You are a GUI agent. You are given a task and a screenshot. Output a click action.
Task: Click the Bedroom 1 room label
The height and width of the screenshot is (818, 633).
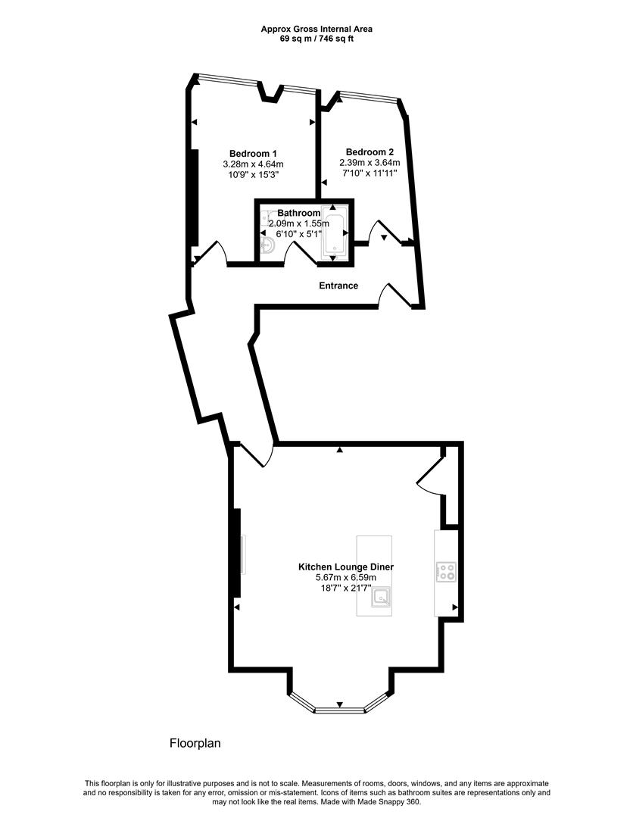[253, 154]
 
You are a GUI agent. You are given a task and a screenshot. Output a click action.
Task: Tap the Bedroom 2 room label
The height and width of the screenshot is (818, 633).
[370, 151]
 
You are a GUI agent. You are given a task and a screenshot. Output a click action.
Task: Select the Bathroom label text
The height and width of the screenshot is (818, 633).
[299, 214]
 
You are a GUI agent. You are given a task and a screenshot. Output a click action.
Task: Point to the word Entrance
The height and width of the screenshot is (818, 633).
[338, 286]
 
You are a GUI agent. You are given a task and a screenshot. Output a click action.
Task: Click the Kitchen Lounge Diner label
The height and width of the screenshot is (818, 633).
[346, 567]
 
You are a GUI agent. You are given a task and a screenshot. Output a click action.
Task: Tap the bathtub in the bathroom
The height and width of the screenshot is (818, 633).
[333, 231]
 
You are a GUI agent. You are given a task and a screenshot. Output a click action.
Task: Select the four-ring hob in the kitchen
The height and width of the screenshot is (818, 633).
[446, 572]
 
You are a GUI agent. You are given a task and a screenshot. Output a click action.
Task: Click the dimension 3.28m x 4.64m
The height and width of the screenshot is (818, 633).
[253, 164]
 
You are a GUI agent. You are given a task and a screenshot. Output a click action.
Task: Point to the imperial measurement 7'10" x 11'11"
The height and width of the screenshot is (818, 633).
[370, 173]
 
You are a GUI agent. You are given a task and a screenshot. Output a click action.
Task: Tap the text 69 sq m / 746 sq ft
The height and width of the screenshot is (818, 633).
[316, 39]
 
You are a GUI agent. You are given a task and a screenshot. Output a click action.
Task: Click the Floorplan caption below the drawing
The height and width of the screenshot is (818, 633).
[195, 744]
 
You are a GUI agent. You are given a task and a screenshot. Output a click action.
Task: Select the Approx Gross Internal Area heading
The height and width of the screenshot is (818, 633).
[316, 29]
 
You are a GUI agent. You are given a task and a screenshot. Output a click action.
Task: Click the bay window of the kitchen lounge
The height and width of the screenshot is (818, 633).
[338, 709]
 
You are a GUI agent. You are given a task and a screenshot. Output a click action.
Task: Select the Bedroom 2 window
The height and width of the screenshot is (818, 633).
[367, 96]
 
